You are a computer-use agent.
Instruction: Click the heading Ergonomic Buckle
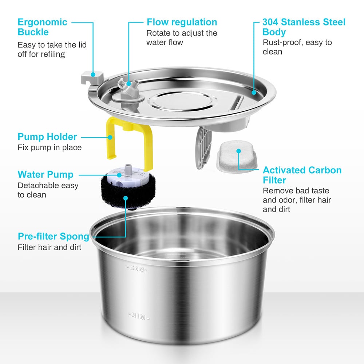point(42,27)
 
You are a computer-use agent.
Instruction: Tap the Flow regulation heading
point(182,22)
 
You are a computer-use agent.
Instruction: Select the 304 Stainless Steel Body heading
point(304,27)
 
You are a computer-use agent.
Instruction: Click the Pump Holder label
point(47,137)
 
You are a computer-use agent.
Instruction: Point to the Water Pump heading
point(45,174)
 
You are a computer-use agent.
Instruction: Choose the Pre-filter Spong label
point(54,237)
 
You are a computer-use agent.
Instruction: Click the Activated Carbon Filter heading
point(302,175)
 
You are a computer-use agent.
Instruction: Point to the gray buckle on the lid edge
point(92,77)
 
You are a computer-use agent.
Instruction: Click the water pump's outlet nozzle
point(128,168)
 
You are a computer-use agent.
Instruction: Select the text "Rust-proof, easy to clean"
point(297,47)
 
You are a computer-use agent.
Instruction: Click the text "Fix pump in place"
point(50,147)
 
